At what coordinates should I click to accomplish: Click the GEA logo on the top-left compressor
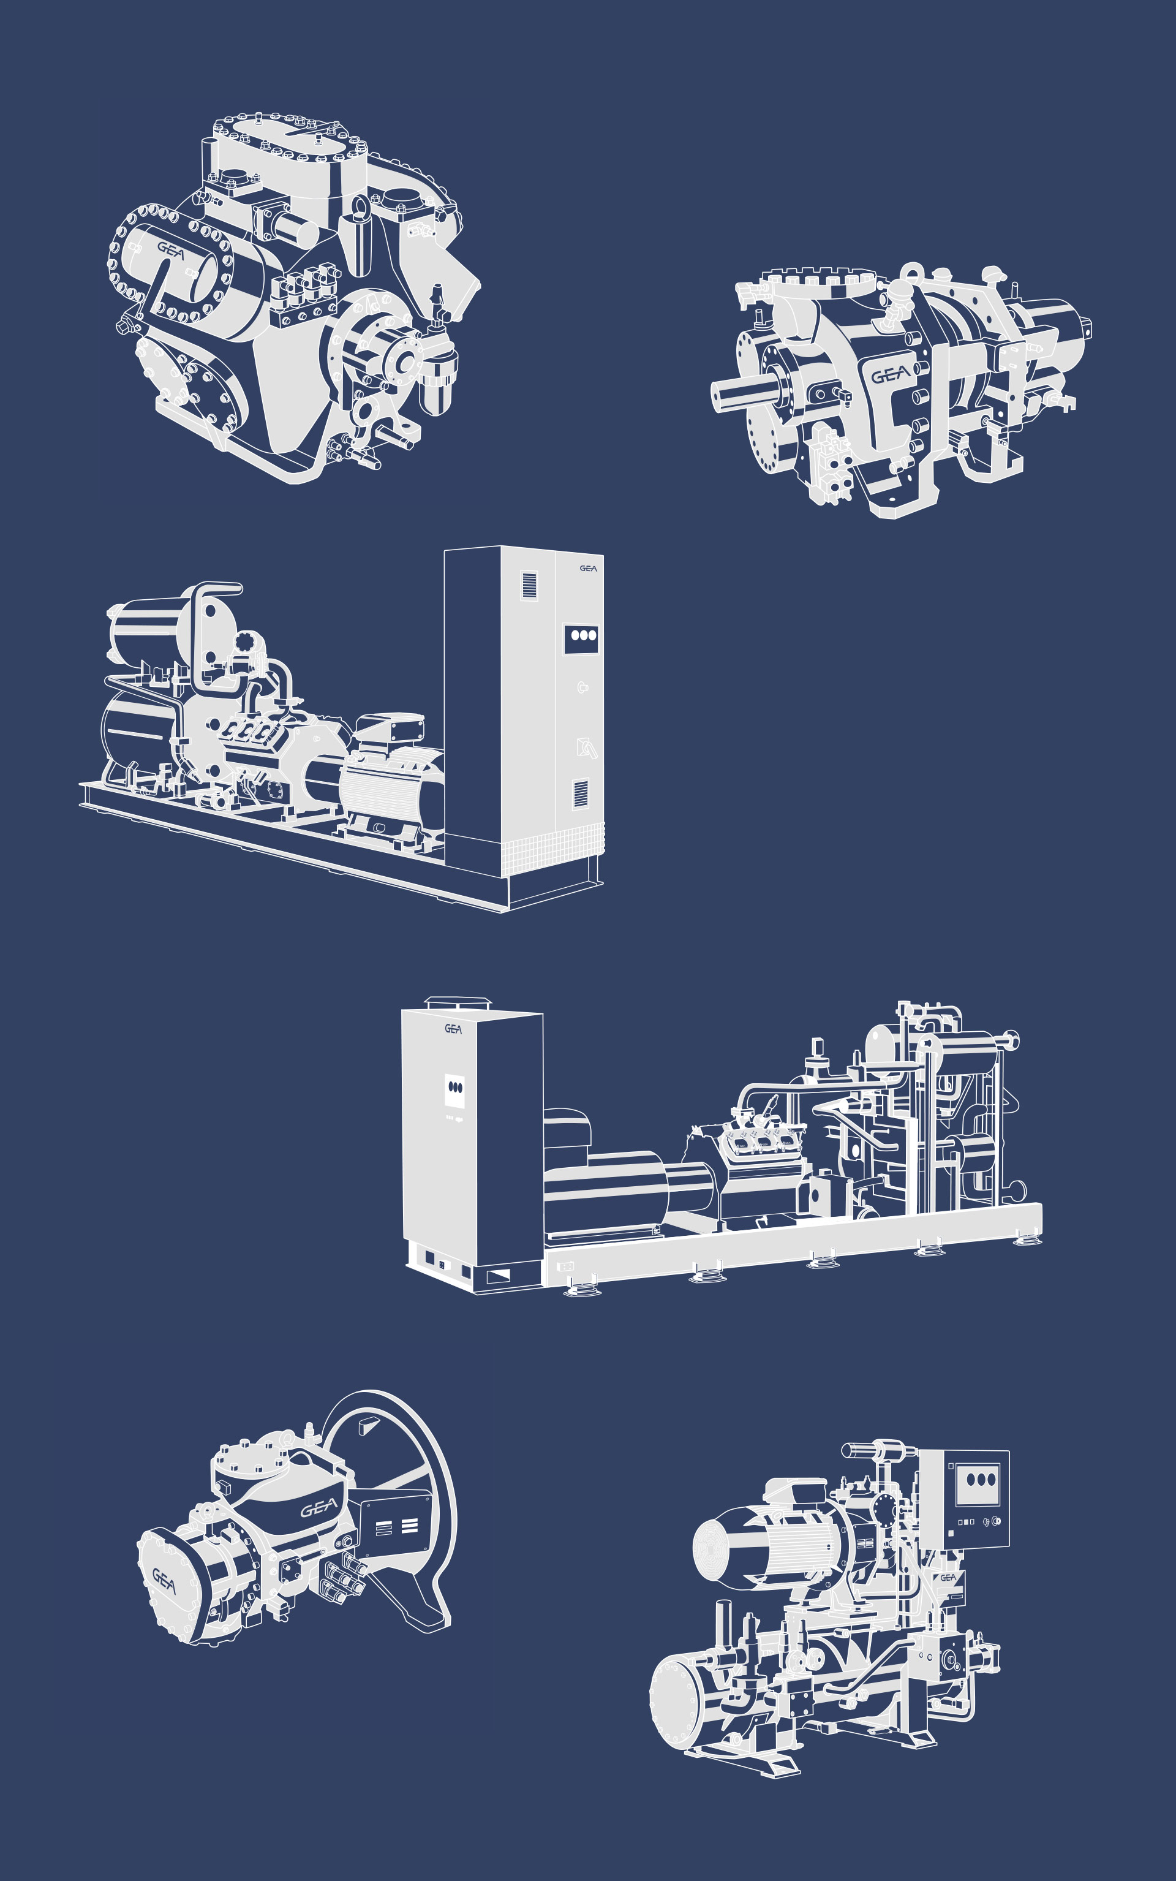[171, 251]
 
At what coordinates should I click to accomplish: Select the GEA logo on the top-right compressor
[891, 375]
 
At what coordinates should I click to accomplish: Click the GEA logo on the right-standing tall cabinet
[588, 568]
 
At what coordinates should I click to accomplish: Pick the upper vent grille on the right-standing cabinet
[529, 585]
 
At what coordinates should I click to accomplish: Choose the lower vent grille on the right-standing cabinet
[580, 793]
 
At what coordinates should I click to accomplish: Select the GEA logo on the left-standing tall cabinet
[453, 1028]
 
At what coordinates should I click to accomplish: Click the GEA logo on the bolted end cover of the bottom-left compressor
[164, 1580]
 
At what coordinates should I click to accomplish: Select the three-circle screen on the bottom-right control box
[977, 1479]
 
